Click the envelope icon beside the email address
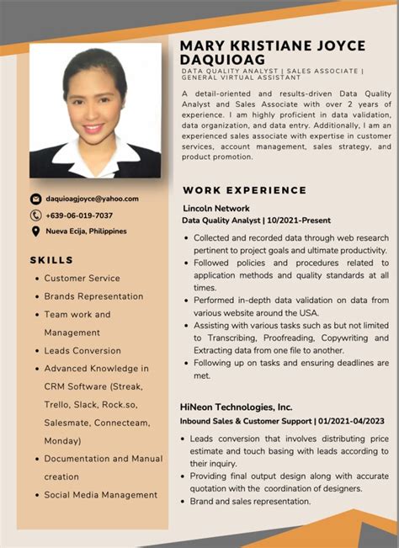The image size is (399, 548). [35, 200]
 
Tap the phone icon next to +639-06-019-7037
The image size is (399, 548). [35, 215]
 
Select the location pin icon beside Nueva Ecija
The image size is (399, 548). [35, 231]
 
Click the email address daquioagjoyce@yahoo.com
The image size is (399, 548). [92, 199]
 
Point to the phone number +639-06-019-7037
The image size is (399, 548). [79, 215]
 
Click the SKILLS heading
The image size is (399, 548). [51, 260]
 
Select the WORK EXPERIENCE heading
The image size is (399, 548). [244, 190]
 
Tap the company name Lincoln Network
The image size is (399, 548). [216, 208]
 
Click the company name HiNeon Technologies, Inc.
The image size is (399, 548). [236, 406]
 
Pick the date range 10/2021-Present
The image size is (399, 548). [300, 221]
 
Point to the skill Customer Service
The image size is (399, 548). [82, 278]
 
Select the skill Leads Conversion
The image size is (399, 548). [82, 350]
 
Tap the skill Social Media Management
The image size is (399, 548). [101, 495]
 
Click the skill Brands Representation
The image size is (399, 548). [93, 296]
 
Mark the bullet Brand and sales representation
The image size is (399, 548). [250, 502]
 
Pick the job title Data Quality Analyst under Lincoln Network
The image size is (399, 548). [221, 221]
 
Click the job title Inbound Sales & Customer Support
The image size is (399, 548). [245, 420]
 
